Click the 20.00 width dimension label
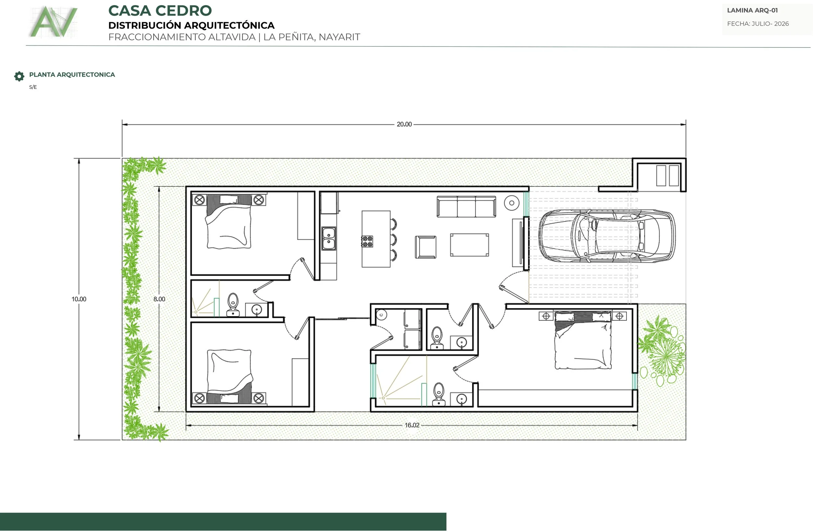pyautogui.click(x=404, y=124)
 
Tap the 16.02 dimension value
pyautogui.click(x=412, y=425)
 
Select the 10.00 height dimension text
pyautogui.click(x=79, y=299)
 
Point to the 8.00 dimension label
pyautogui.click(x=159, y=299)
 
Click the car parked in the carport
pyautogui.click(x=607, y=236)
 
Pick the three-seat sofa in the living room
pyautogui.click(x=466, y=206)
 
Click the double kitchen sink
pyautogui.click(x=329, y=238)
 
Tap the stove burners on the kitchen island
pyautogui.click(x=367, y=241)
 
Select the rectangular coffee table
pyautogui.click(x=469, y=245)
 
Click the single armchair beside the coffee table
pyautogui.click(x=426, y=247)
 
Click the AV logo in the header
pyautogui.click(x=54, y=21)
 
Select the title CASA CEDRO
pyautogui.click(x=160, y=11)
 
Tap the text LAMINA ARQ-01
pyautogui.click(x=752, y=10)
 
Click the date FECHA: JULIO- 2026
pyautogui.click(x=758, y=23)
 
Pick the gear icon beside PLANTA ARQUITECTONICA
pyautogui.click(x=19, y=76)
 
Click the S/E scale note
pyautogui.click(x=33, y=87)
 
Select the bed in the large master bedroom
pyautogui.click(x=583, y=340)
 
